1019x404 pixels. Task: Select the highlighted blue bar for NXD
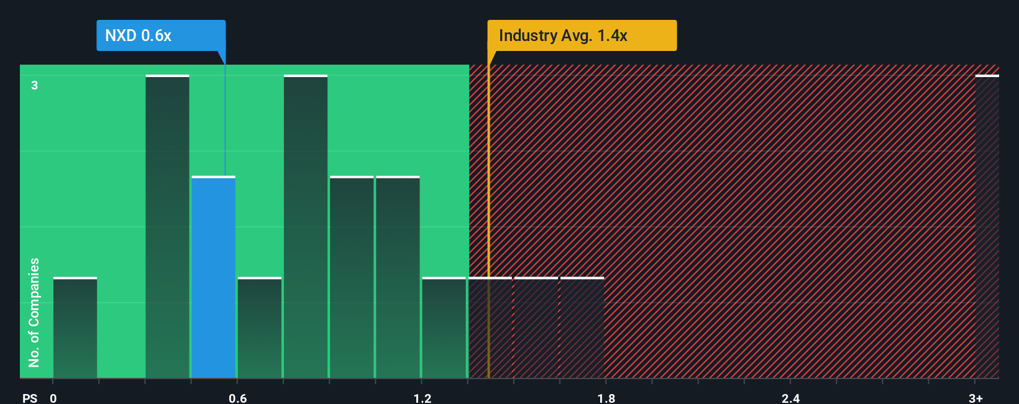click(x=213, y=277)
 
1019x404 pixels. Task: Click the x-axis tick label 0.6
click(x=237, y=398)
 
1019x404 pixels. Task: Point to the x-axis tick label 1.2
click(x=422, y=398)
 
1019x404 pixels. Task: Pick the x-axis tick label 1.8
click(x=606, y=398)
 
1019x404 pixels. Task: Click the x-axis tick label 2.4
click(x=790, y=398)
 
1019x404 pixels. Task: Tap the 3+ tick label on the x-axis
click(x=976, y=398)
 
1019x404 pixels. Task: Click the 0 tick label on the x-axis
click(x=53, y=398)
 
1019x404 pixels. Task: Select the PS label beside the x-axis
click(x=30, y=398)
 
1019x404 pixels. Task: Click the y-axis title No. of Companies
click(x=34, y=312)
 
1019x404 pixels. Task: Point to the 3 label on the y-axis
click(x=35, y=85)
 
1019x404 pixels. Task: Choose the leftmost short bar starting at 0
click(x=75, y=328)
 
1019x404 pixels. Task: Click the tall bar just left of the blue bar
click(x=167, y=227)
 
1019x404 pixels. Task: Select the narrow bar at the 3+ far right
click(x=987, y=227)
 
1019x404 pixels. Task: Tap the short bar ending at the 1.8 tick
click(x=582, y=328)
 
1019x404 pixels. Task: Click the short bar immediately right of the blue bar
click(x=260, y=328)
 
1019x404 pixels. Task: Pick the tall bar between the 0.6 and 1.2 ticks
click(x=306, y=227)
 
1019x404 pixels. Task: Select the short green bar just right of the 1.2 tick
click(x=444, y=328)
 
